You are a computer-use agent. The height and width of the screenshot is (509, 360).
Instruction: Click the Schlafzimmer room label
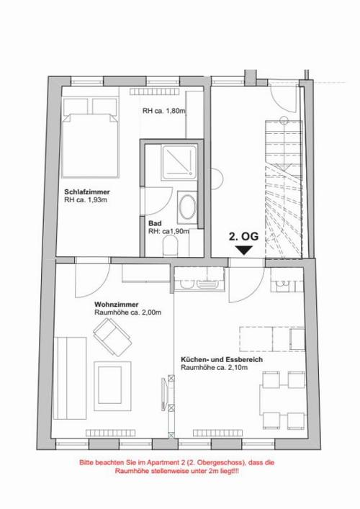pos(87,192)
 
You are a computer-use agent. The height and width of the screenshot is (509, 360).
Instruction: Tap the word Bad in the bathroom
pos(155,223)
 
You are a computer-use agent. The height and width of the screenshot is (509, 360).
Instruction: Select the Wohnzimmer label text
pos(117,305)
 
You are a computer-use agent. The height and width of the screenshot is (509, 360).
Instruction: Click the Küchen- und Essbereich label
pos(222,360)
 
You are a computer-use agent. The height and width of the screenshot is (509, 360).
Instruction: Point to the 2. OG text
pos(244,236)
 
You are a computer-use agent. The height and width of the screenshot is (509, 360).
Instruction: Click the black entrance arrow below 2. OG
pos(244,250)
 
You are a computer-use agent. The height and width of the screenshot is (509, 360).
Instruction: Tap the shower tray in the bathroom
pos(179,162)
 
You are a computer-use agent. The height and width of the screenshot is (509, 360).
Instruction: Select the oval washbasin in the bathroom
pos(187,207)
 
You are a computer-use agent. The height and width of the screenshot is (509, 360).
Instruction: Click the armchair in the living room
pos(112,337)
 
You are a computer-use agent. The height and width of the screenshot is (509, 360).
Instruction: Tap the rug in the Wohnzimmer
pos(112,386)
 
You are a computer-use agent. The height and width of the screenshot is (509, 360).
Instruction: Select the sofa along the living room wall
pos(70,378)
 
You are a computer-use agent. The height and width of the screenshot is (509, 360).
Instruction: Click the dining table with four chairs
pos(282,400)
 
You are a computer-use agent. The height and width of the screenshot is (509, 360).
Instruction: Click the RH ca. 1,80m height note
pos(164,111)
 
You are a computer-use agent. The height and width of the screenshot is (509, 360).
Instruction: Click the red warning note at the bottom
pos(177,467)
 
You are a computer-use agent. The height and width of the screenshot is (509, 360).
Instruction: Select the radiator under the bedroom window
pos(155,91)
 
